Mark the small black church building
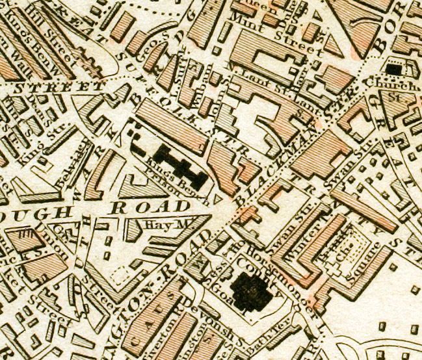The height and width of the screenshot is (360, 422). pos(393,68)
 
